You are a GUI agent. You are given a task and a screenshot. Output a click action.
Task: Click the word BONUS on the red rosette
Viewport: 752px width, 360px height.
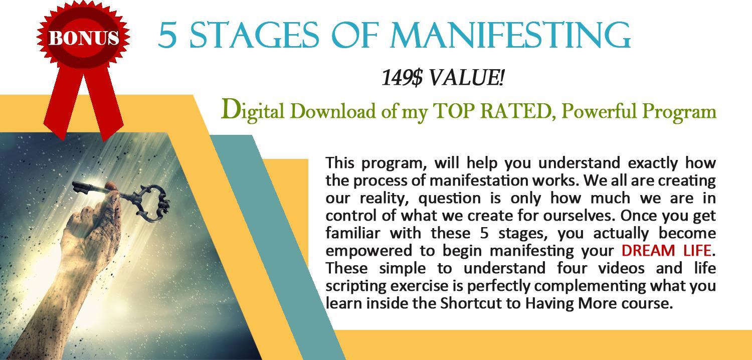tap(84, 37)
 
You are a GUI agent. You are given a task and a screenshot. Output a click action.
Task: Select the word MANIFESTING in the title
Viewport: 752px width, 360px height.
tap(510, 35)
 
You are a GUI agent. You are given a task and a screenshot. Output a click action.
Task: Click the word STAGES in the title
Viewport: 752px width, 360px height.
tap(254, 35)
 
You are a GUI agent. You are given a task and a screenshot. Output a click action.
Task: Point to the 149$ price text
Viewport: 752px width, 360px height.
tap(402, 78)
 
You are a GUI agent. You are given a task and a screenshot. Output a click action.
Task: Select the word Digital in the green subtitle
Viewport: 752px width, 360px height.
tap(253, 111)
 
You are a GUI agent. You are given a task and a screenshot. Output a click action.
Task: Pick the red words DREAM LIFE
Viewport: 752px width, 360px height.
tap(666, 251)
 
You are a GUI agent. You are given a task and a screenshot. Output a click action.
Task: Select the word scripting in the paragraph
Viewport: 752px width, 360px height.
tap(354, 286)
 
